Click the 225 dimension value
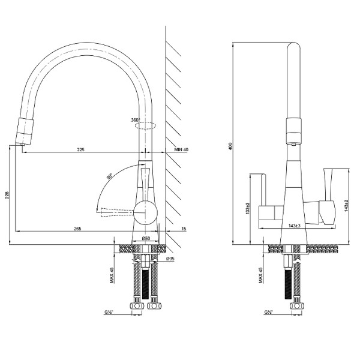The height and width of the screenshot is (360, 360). [x=80, y=149]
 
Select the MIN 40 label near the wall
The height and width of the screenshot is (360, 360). [x=181, y=149]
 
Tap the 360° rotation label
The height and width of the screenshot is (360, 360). [x=135, y=120]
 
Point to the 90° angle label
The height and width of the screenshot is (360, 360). [x=110, y=176]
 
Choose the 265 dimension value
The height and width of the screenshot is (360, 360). [x=77, y=228]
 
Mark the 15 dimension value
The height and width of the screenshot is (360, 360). [x=183, y=228]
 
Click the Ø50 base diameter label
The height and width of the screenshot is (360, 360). [x=146, y=239]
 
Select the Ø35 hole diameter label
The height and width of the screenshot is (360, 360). [x=170, y=259]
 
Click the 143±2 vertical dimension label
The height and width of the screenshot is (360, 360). [x=347, y=208]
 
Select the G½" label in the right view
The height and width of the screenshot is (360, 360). [x=268, y=313]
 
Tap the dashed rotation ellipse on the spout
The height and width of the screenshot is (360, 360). [x=146, y=126]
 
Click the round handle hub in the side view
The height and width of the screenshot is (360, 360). [x=145, y=212]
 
